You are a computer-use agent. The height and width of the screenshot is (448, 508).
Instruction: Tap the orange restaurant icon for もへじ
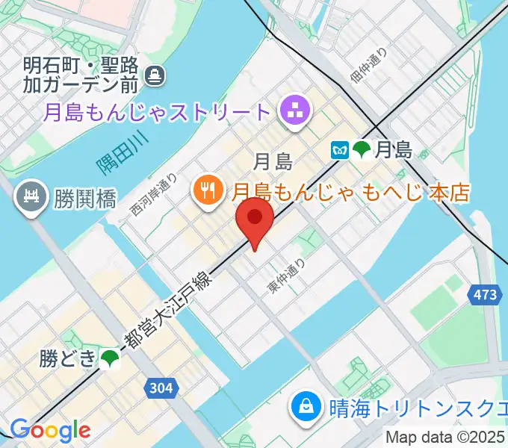click(205, 191)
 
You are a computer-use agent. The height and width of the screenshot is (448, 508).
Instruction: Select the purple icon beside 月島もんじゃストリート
click(292, 113)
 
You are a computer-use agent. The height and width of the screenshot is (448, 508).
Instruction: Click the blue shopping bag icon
click(307, 408)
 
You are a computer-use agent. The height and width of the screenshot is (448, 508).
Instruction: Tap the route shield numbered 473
click(484, 296)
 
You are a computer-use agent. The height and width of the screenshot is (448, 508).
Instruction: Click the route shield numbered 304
click(161, 388)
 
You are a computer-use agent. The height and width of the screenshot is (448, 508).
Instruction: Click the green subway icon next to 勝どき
click(110, 359)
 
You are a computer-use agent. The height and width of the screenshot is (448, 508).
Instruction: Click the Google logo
click(50, 430)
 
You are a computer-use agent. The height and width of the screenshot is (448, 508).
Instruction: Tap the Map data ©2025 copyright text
click(446, 438)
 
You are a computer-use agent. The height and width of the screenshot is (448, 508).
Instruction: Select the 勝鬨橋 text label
click(84, 199)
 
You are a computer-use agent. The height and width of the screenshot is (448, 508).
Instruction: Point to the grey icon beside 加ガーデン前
click(156, 75)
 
